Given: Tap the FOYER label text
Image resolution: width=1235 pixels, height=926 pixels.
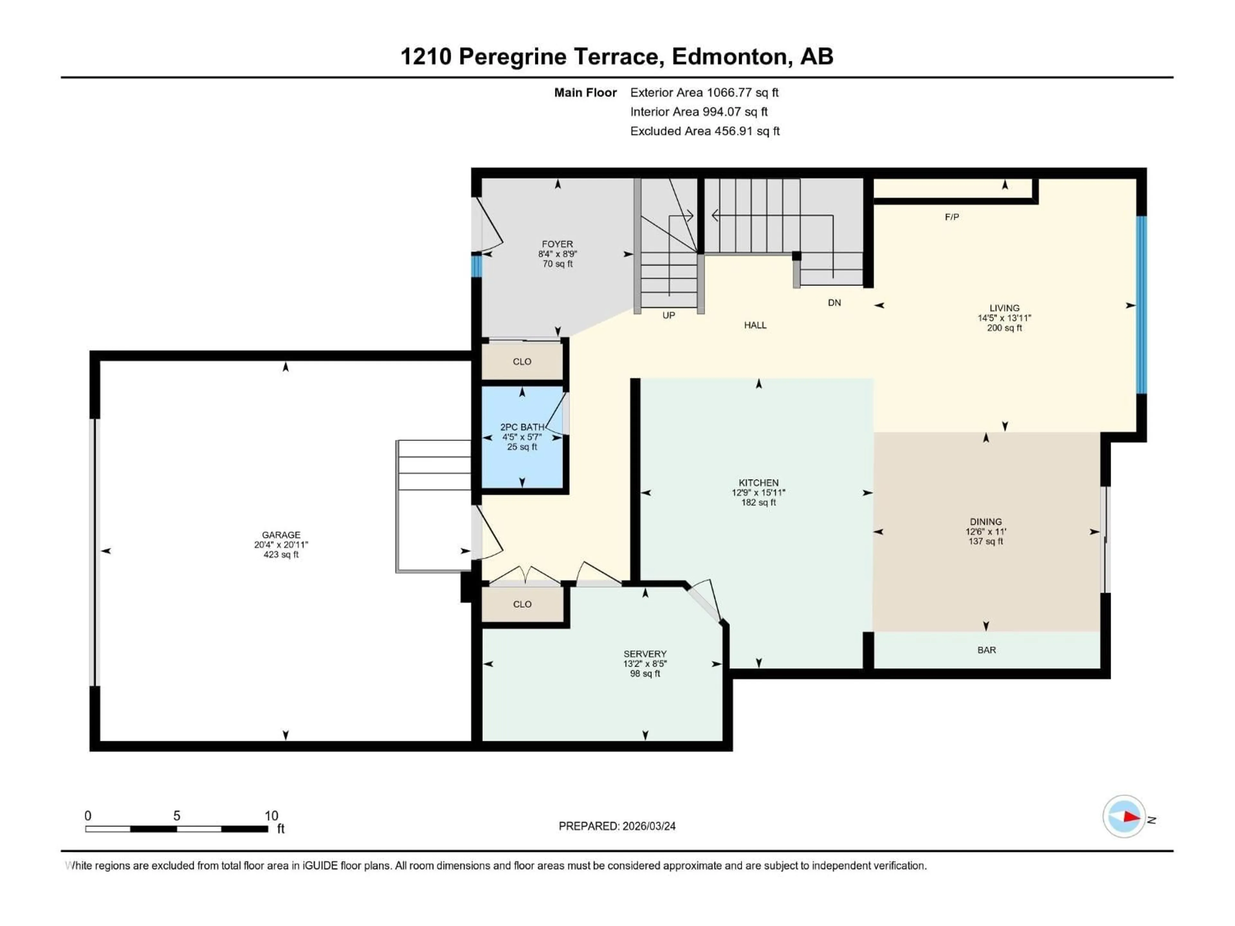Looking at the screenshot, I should pyautogui.click(x=557, y=244).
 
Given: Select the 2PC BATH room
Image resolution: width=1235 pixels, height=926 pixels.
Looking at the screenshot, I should pyautogui.click(x=522, y=437).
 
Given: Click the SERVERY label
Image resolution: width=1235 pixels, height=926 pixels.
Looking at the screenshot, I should pyautogui.click(x=645, y=654).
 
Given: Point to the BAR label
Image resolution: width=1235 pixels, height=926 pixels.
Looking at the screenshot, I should pyautogui.click(x=986, y=650).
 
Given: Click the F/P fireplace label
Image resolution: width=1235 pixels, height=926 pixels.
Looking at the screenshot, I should pyautogui.click(x=952, y=217).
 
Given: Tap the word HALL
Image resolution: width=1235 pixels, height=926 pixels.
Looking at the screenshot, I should pyautogui.click(x=755, y=325).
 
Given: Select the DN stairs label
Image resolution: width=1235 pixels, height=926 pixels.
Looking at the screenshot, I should pyautogui.click(x=834, y=303).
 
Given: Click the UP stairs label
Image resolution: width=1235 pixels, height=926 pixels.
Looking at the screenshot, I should pyautogui.click(x=668, y=315).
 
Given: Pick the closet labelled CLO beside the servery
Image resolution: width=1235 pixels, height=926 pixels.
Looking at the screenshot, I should pyautogui.click(x=522, y=604).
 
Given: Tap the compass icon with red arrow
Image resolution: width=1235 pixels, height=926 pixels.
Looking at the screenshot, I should pyautogui.click(x=1124, y=817).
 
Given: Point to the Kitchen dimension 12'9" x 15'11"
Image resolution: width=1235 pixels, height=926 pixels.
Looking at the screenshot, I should pyautogui.click(x=758, y=493).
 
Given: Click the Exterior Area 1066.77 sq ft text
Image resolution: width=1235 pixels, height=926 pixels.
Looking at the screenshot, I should pyautogui.click(x=704, y=93).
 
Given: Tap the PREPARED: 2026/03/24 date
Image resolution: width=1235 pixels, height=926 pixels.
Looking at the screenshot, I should pyautogui.click(x=617, y=826).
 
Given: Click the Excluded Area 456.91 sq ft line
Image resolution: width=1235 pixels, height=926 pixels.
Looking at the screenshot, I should pyautogui.click(x=705, y=131).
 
